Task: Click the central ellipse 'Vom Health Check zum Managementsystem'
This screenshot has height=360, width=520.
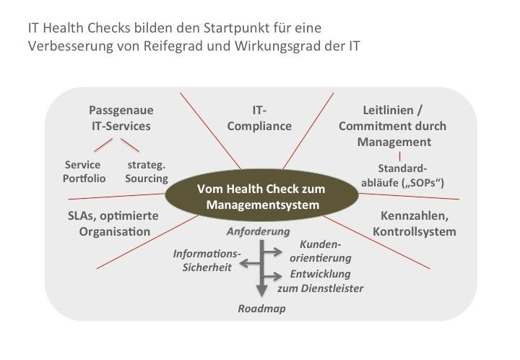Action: [x=261, y=197]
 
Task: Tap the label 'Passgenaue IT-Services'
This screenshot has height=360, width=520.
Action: [x=121, y=119]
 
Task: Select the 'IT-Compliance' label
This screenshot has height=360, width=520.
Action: [x=259, y=119]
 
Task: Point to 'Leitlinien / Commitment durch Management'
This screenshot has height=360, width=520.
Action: [x=402, y=126]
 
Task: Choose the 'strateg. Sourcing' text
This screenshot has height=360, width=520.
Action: [x=147, y=171]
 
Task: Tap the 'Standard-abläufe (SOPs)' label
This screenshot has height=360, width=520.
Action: [x=402, y=174]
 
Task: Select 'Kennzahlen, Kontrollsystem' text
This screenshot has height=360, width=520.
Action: [x=415, y=224]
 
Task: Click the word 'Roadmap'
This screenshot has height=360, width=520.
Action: [x=261, y=309]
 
